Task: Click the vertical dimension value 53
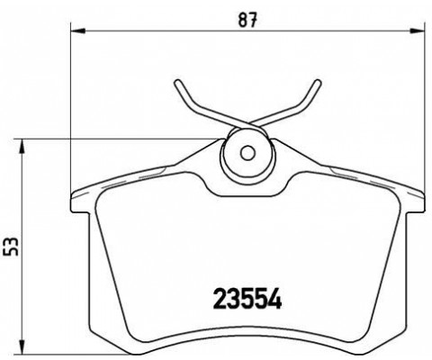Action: coord(11,245)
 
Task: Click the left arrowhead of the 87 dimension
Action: coord(75,34)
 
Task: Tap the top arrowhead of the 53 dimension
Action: coord(25,142)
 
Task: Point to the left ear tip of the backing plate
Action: coord(72,194)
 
